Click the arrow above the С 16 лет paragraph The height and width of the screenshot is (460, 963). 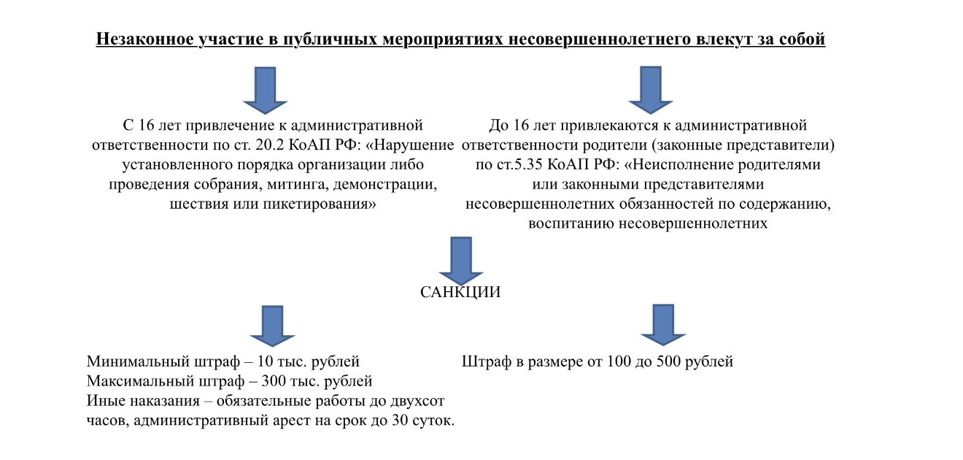point(266,91)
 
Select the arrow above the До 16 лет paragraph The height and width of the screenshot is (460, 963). point(651,90)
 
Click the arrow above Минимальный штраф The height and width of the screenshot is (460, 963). point(272,326)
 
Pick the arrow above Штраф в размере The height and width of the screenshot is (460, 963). point(663,325)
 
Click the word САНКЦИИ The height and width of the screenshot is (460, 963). point(460,292)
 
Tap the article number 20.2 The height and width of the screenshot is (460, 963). point(269,145)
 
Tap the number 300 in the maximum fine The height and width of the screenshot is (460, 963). point(274,381)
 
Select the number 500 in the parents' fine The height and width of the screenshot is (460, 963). point(668,361)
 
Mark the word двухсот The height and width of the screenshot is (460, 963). point(417,401)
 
